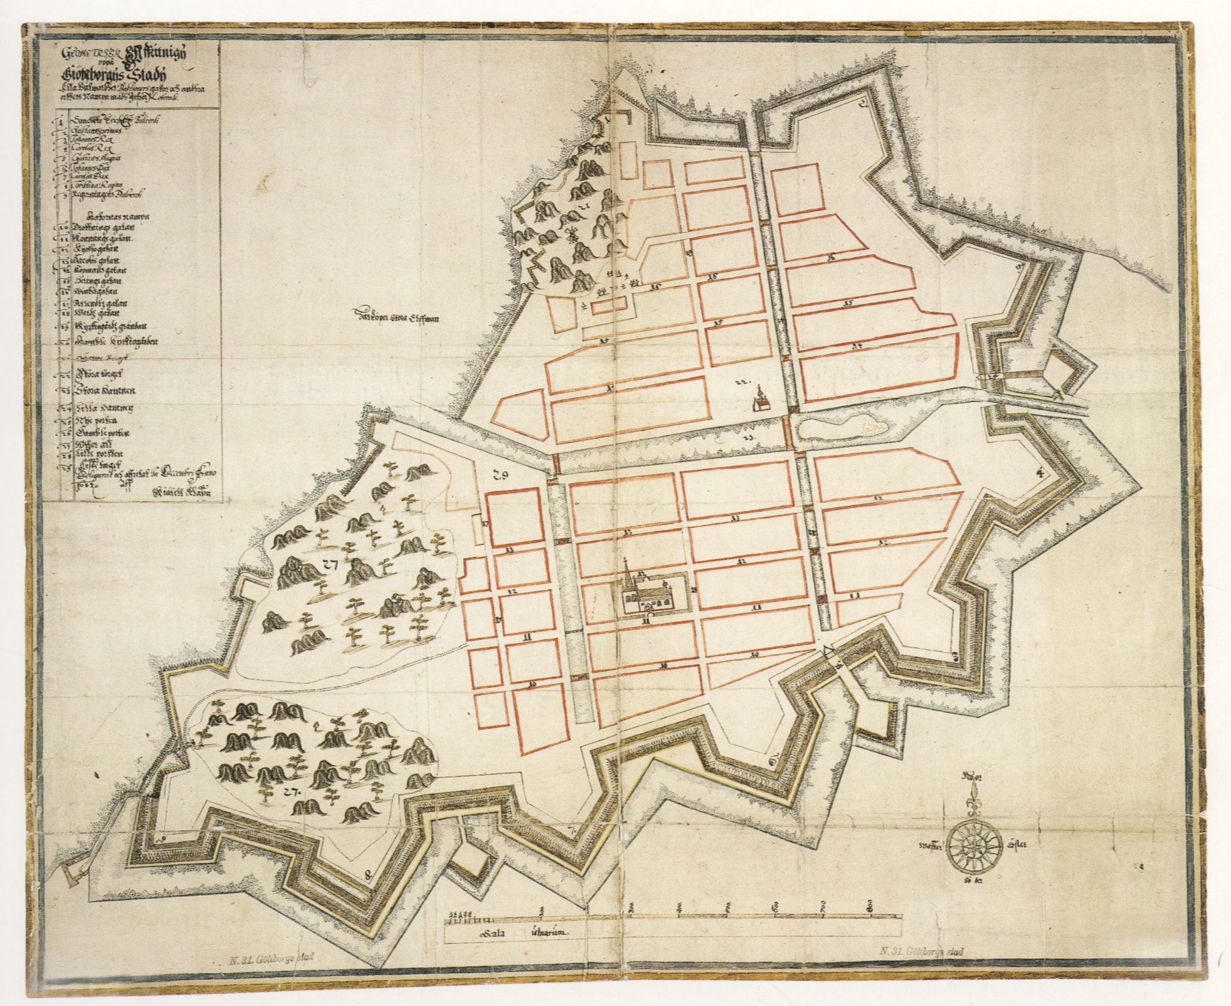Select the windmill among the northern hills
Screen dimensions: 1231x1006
point(571,236)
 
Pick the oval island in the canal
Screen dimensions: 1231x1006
point(840,429)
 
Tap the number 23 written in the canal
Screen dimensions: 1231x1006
point(747,435)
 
